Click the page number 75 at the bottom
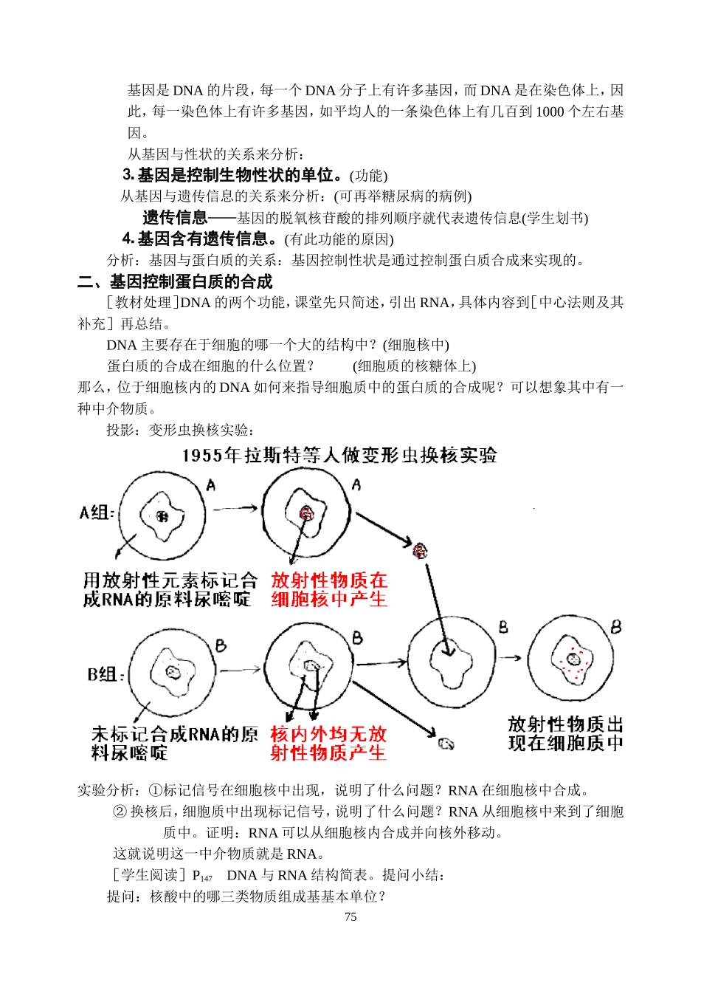[350, 916]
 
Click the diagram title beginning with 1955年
[339, 455]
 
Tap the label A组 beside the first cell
[96, 512]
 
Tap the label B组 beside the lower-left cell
[106, 674]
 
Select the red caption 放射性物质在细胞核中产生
[329, 589]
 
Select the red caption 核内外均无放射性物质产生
[328, 743]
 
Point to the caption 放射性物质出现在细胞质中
[565, 733]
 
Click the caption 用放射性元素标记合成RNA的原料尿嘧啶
[170, 589]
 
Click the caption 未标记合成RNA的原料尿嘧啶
[174, 743]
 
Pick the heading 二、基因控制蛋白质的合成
[176, 281]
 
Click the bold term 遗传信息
[175, 218]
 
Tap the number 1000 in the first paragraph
[550, 112]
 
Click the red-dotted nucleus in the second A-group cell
[306, 513]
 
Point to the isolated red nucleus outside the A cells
[420, 550]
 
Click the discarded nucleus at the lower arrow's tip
[446, 744]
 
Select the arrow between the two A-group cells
[235, 508]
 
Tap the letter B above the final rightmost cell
[615, 627]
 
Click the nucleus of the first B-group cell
[173, 672]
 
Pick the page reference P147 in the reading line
[202, 876]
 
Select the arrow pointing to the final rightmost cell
[511, 657]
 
